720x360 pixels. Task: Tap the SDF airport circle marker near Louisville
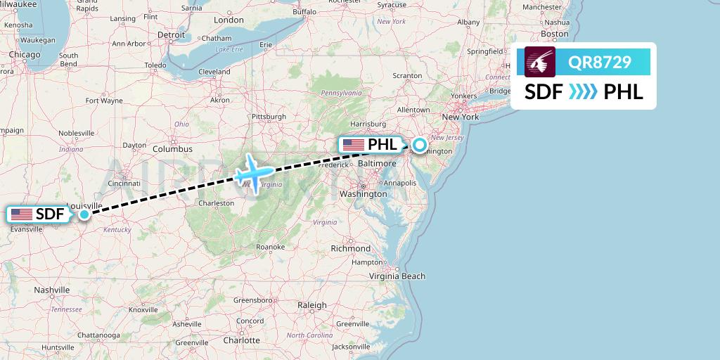point(84,214)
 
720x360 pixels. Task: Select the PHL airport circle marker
point(419,146)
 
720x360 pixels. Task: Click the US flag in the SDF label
point(22,214)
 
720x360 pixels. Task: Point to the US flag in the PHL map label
point(353,145)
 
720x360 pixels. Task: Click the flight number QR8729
point(600,62)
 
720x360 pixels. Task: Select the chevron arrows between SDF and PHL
point(583,92)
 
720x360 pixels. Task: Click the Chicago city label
point(25,54)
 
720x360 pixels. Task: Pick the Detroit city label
point(171,34)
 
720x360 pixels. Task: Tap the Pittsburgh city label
point(269,116)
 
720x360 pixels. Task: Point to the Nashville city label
point(52,290)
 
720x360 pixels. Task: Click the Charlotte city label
point(241,340)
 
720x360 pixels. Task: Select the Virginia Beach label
point(398,276)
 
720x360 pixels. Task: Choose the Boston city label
point(555,34)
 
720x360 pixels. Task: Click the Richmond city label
point(350,248)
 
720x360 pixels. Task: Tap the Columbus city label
point(172,149)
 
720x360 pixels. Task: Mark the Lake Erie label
point(229,49)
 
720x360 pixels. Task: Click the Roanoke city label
point(270,247)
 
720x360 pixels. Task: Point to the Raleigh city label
point(312,305)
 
